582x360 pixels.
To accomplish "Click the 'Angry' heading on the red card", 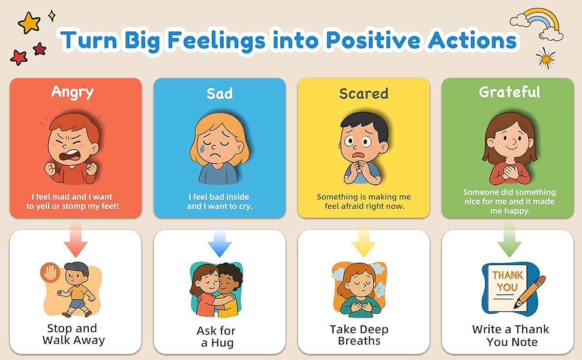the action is (73, 92).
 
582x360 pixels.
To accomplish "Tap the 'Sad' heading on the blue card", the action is (220, 94).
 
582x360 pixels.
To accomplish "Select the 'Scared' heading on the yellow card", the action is (364, 94).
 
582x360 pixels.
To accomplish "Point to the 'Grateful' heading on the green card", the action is (509, 92).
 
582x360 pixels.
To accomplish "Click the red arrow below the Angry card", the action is (76, 239).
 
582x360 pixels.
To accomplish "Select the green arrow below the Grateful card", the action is (509, 241).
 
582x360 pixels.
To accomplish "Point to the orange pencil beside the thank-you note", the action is (530, 292).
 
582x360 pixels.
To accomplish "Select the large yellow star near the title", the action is (29, 22).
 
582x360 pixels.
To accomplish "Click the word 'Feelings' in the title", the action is (217, 40).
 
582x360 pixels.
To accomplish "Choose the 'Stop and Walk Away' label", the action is (73, 334).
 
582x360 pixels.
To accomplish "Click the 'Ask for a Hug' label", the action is (217, 336).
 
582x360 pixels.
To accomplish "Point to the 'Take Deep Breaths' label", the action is (359, 335).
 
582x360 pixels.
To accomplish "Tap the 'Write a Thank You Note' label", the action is (511, 335).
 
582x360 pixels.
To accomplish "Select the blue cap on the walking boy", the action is (77, 268).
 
